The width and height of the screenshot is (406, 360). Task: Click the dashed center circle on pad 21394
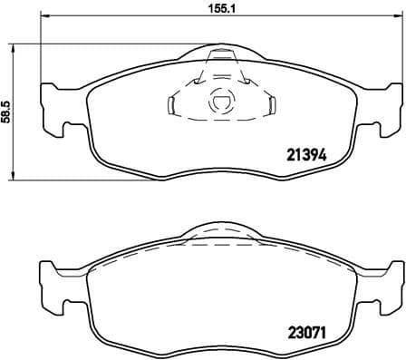click(x=220, y=104)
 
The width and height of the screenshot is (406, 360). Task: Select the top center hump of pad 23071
click(x=220, y=231)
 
